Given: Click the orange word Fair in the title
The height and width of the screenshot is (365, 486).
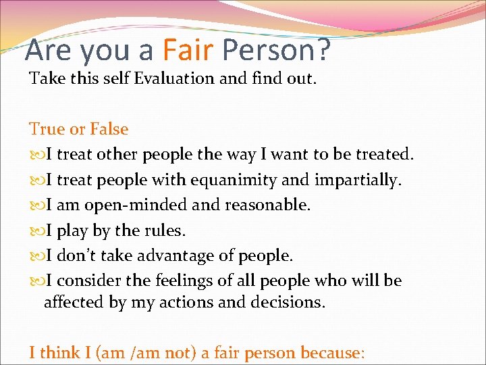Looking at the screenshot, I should (x=189, y=50).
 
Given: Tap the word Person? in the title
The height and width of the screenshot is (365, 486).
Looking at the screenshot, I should (x=276, y=50).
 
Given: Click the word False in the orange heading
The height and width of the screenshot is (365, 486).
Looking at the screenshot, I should (x=109, y=129).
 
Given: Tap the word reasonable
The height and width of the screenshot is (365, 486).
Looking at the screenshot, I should (x=269, y=205).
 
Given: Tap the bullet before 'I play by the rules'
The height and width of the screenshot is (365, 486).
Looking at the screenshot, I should (x=35, y=231).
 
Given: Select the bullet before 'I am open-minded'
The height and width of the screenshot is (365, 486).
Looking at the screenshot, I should (x=35, y=205).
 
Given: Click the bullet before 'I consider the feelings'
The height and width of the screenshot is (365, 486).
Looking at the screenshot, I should (x=35, y=281).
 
